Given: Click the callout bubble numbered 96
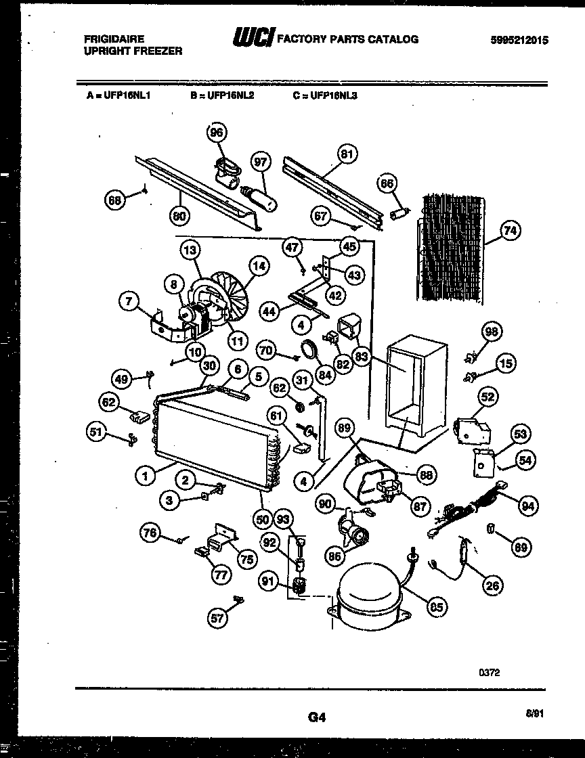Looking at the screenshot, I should tap(217, 133).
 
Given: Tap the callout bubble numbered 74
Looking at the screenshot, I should tap(509, 232).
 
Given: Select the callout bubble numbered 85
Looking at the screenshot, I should tap(437, 607).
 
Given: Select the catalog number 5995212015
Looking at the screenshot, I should tap(519, 40).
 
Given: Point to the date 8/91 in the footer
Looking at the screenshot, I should tap(534, 713).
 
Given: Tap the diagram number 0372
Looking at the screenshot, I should tap(490, 673).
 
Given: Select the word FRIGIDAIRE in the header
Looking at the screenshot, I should tap(114, 39).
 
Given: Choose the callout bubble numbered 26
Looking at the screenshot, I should tap(494, 585).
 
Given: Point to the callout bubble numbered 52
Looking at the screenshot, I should tap(487, 397).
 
